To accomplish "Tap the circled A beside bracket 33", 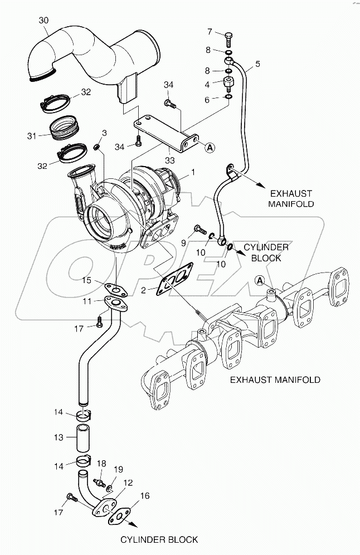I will coord(210,148).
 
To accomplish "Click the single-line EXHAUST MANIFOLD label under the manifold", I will coord(276,379).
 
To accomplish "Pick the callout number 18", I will coord(101,464).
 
